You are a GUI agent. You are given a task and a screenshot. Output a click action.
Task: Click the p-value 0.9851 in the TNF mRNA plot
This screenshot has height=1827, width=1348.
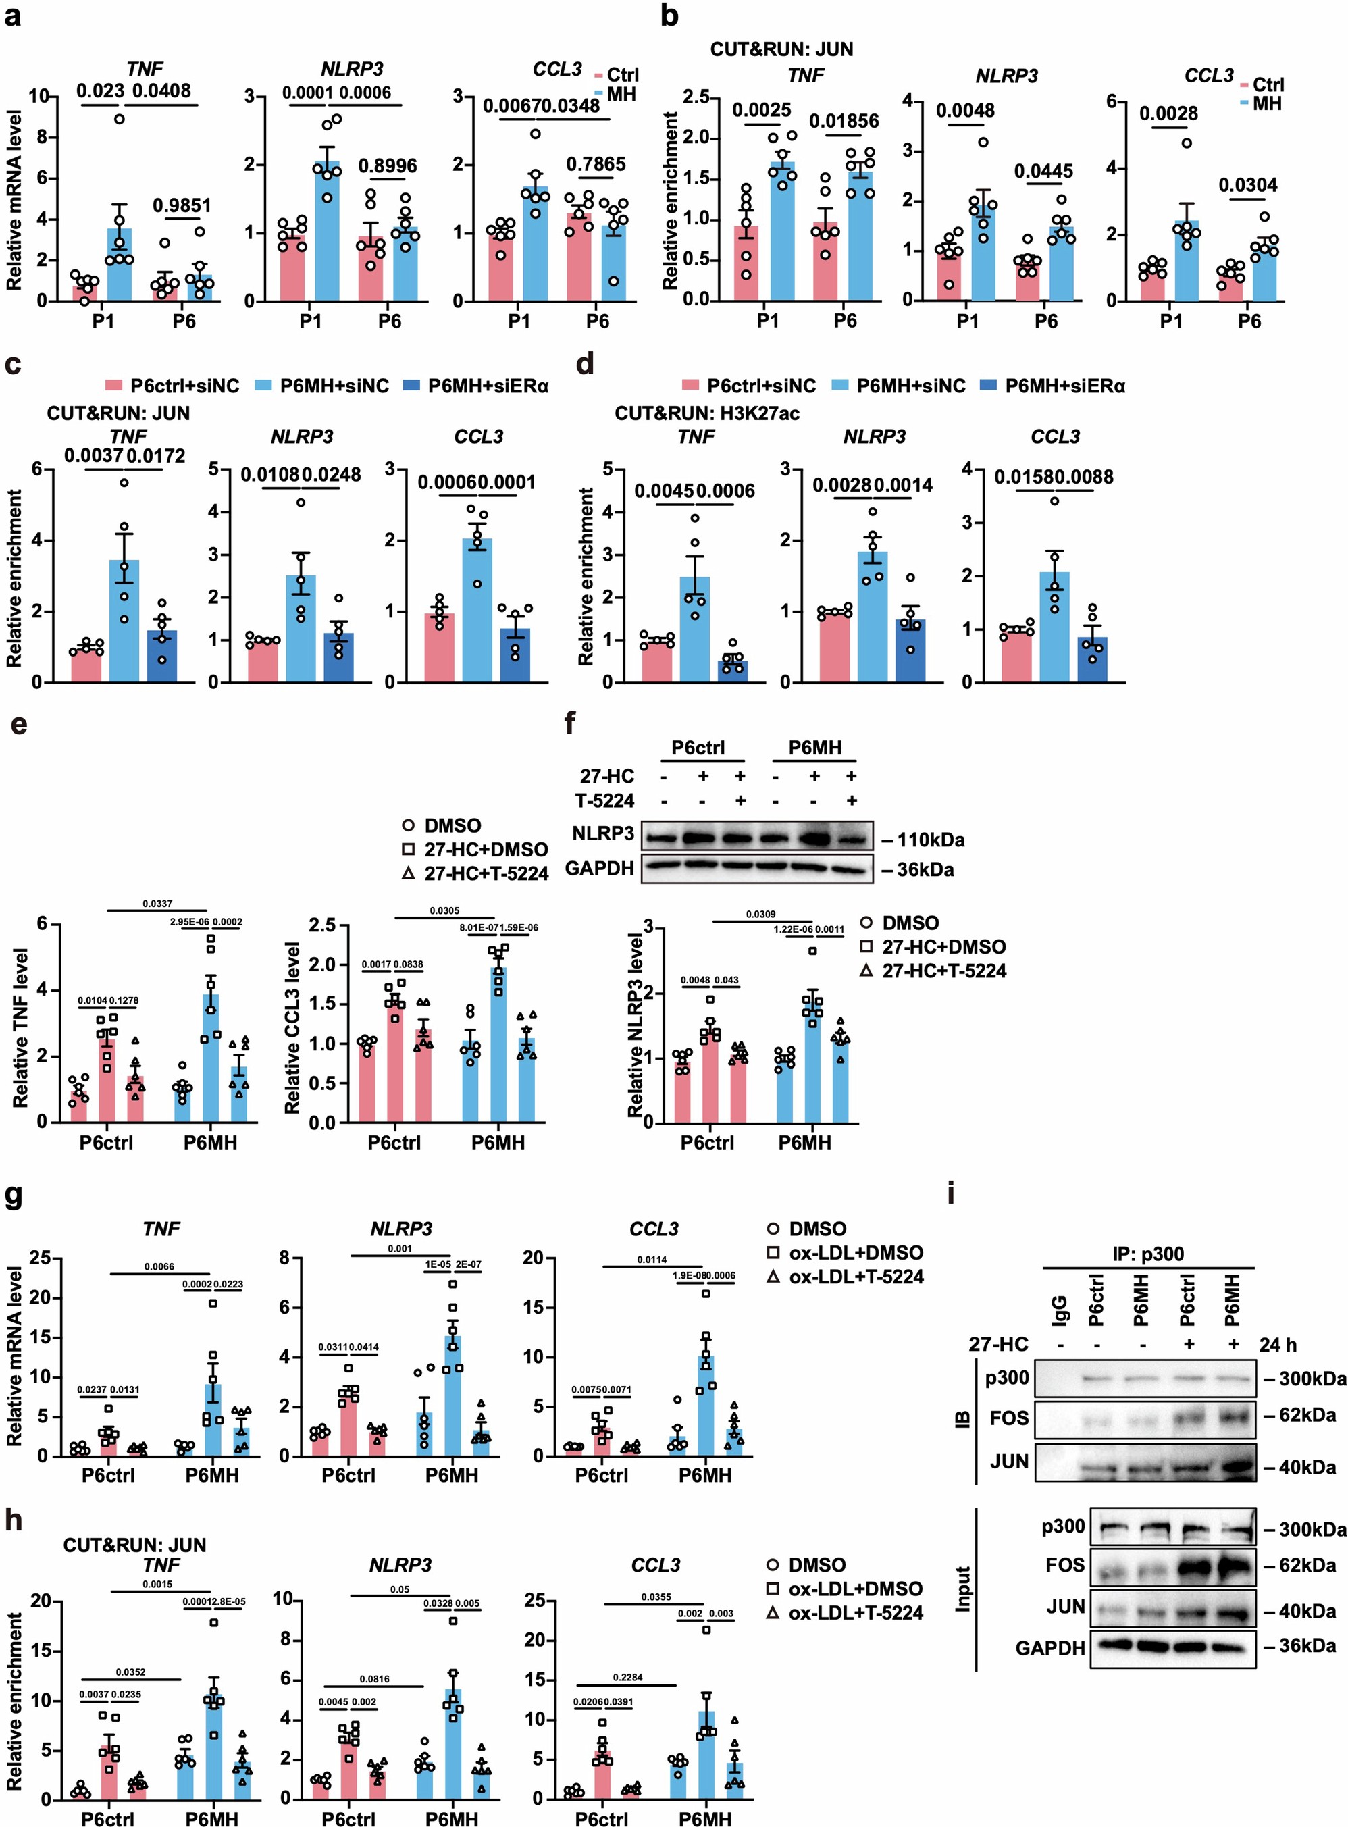coord(182,205)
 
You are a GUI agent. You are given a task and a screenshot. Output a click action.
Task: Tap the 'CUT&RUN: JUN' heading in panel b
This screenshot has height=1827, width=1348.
coord(781,49)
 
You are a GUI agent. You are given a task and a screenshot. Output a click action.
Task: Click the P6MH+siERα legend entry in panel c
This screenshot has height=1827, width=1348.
coord(475,386)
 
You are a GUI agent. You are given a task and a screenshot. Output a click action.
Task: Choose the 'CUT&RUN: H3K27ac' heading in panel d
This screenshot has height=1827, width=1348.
coord(706,414)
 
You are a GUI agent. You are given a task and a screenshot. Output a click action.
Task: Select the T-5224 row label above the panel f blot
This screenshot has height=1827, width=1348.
coord(607,800)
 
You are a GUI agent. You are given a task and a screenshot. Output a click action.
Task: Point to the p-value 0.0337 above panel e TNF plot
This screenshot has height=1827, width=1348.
coord(158,903)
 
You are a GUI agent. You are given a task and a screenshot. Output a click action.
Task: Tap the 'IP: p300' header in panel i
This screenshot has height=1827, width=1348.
coord(1149,1254)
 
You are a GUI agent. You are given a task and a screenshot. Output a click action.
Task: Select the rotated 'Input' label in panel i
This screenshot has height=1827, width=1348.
coord(963,1588)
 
